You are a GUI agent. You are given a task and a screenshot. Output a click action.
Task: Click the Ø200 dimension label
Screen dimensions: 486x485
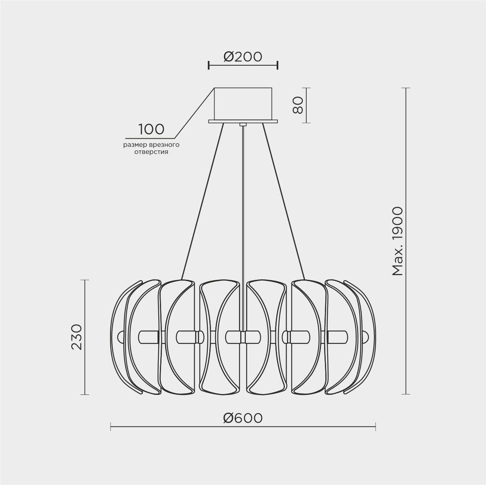pyautogui.click(x=243, y=57)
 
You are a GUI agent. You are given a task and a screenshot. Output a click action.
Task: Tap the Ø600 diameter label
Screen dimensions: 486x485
pyautogui.click(x=243, y=418)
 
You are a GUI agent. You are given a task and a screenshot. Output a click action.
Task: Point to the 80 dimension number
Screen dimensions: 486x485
pyautogui.click(x=298, y=105)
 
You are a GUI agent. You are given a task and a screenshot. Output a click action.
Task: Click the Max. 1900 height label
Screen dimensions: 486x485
pyautogui.click(x=398, y=242)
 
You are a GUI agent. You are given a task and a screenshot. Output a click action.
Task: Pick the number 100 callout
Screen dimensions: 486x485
pyautogui.click(x=151, y=129)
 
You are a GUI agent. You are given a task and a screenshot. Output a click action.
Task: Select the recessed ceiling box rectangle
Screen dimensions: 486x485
pyautogui.click(x=243, y=104)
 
